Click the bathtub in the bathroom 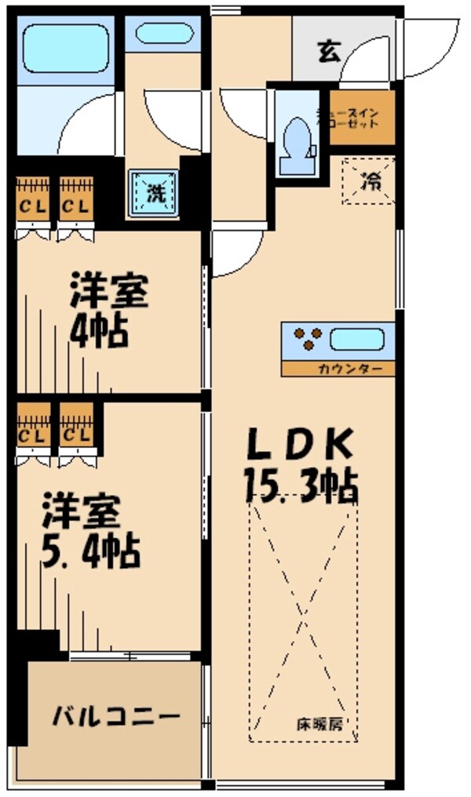click(x=66, y=49)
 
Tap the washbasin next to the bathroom click(x=164, y=34)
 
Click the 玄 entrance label click(x=328, y=53)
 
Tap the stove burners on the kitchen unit click(x=308, y=339)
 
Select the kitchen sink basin click(x=356, y=340)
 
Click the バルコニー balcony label click(x=117, y=716)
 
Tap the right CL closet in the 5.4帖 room click(x=77, y=434)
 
